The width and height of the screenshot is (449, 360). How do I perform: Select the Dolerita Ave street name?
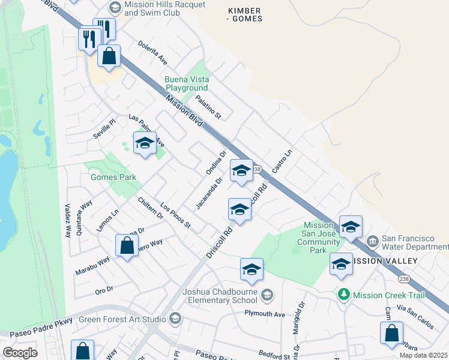point(153,52)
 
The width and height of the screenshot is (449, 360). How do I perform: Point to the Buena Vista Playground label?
point(187,83)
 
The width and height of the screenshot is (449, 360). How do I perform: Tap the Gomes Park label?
point(113,177)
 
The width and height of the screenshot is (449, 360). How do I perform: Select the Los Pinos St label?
point(175,216)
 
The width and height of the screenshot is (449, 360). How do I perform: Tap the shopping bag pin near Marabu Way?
point(127,246)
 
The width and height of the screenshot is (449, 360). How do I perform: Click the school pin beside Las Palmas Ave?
point(145,143)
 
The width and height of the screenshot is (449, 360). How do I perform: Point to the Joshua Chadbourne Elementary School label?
point(220,296)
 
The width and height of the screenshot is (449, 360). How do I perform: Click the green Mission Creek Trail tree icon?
point(343,295)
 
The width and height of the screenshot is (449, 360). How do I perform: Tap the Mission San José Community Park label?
point(319,238)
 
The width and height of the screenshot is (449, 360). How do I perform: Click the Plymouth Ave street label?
point(264,314)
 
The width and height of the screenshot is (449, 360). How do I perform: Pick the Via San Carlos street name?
point(419,316)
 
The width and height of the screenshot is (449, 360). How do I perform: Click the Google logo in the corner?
point(20,353)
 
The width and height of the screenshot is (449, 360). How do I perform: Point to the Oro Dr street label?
point(104,290)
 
